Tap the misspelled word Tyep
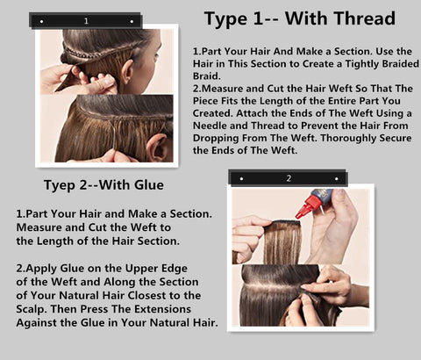click(59, 185)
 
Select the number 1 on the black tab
click(86, 21)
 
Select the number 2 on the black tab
click(289, 178)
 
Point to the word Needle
click(210, 126)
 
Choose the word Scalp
click(32, 310)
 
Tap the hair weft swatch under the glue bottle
click(282, 242)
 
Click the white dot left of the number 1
click(41, 21)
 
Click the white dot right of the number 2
click(337, 178)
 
